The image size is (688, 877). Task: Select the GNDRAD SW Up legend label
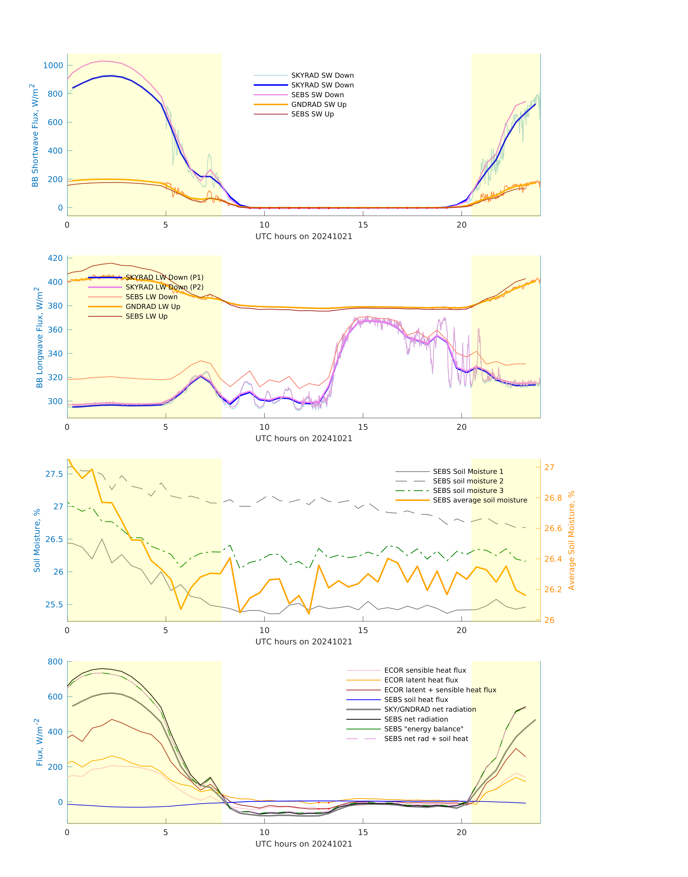(x=319, y=105)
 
